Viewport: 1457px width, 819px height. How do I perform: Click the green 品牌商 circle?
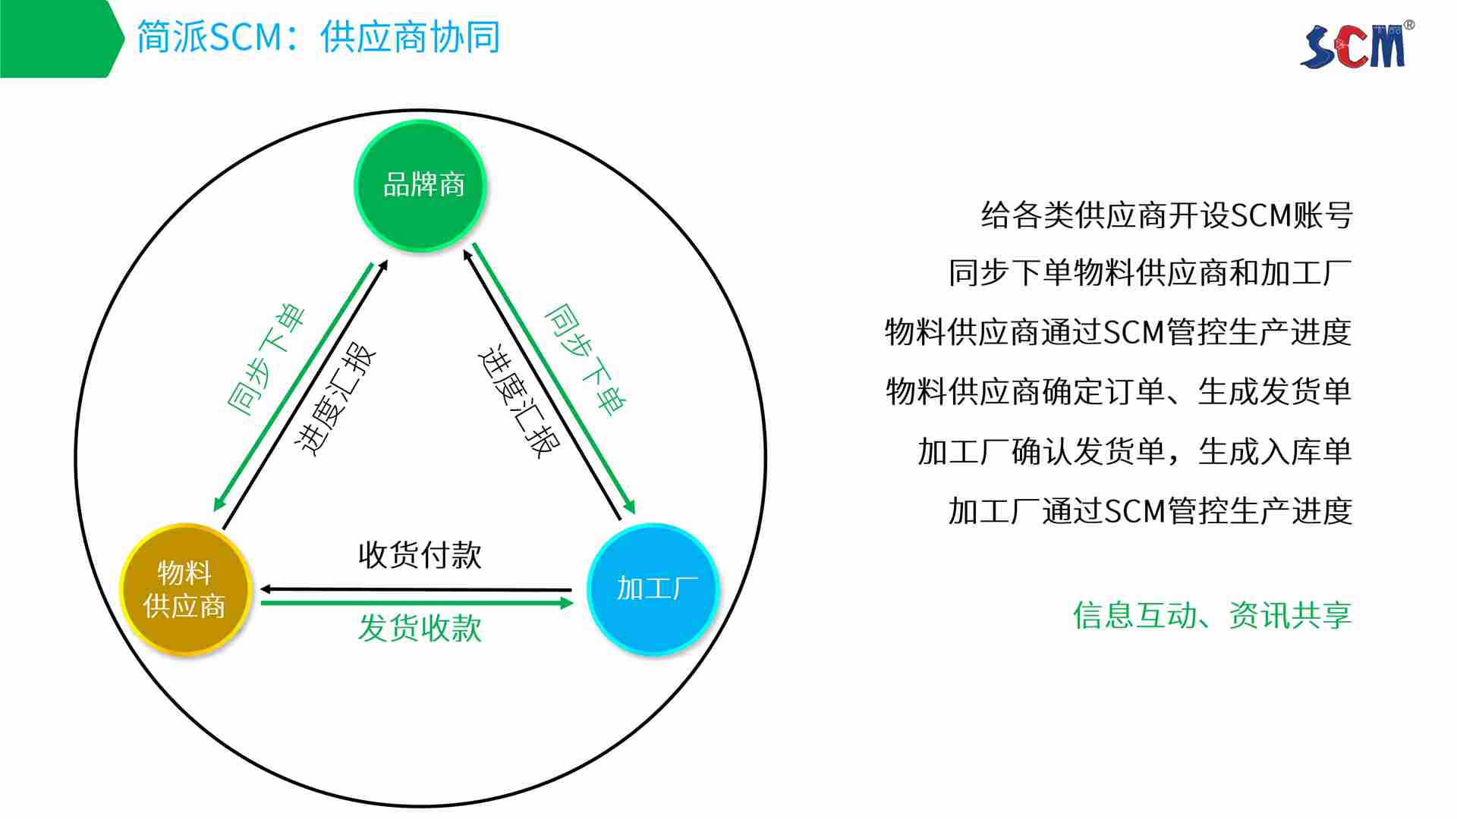coord(420,186)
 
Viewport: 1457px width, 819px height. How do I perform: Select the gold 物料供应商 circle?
coord(185,589)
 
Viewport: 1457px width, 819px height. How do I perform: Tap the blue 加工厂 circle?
coord(653,589)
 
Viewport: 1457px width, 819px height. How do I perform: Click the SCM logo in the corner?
coord(1357,45)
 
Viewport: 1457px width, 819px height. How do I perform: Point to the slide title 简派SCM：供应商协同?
coord(318,37)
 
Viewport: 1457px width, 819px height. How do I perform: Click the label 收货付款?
coord(420,555)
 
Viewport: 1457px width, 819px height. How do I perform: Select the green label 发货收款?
coord(420,628)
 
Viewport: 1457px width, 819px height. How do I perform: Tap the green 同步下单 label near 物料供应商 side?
coord(266,359)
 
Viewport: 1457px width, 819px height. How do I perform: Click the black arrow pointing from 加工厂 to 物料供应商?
coord(416,589)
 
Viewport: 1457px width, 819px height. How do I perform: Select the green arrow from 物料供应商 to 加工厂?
coord(417,603)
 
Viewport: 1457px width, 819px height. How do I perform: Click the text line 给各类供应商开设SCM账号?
coord(1166,215)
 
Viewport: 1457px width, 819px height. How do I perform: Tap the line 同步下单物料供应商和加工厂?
coord(1150,273)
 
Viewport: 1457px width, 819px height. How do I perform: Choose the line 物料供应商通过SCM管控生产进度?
coord(1119,332)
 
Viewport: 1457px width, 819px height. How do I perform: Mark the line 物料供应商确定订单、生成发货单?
coord(1119,391)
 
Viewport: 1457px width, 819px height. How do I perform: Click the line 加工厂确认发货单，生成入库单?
coord(1135,451)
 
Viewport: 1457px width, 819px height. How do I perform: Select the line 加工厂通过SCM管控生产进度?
coord(1150,511)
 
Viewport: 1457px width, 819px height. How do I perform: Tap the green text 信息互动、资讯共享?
coord(1213,615)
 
